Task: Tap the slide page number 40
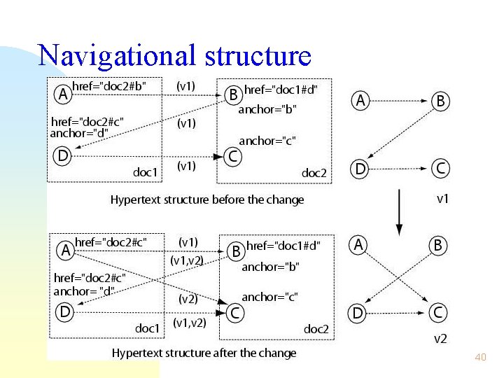click(480, 357)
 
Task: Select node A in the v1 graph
click(360, 101)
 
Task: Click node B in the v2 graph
click(439, 246)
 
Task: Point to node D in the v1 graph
click(360, 168)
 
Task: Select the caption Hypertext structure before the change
click(207, 199)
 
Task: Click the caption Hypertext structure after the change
click(204, 353)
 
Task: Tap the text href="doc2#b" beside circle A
click(110, 86)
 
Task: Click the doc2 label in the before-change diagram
click(314, 172)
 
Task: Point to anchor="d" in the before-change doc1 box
click(79, 133)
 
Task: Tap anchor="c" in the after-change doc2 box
click(269, 297)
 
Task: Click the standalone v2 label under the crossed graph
click(440, 339)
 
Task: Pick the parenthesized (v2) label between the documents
click(188, 298)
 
